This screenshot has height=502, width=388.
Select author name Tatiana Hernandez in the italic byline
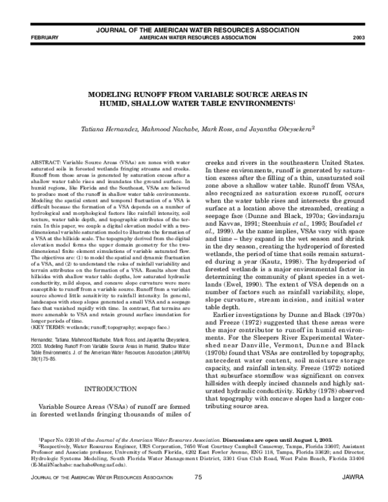click(x=108, y=129)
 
